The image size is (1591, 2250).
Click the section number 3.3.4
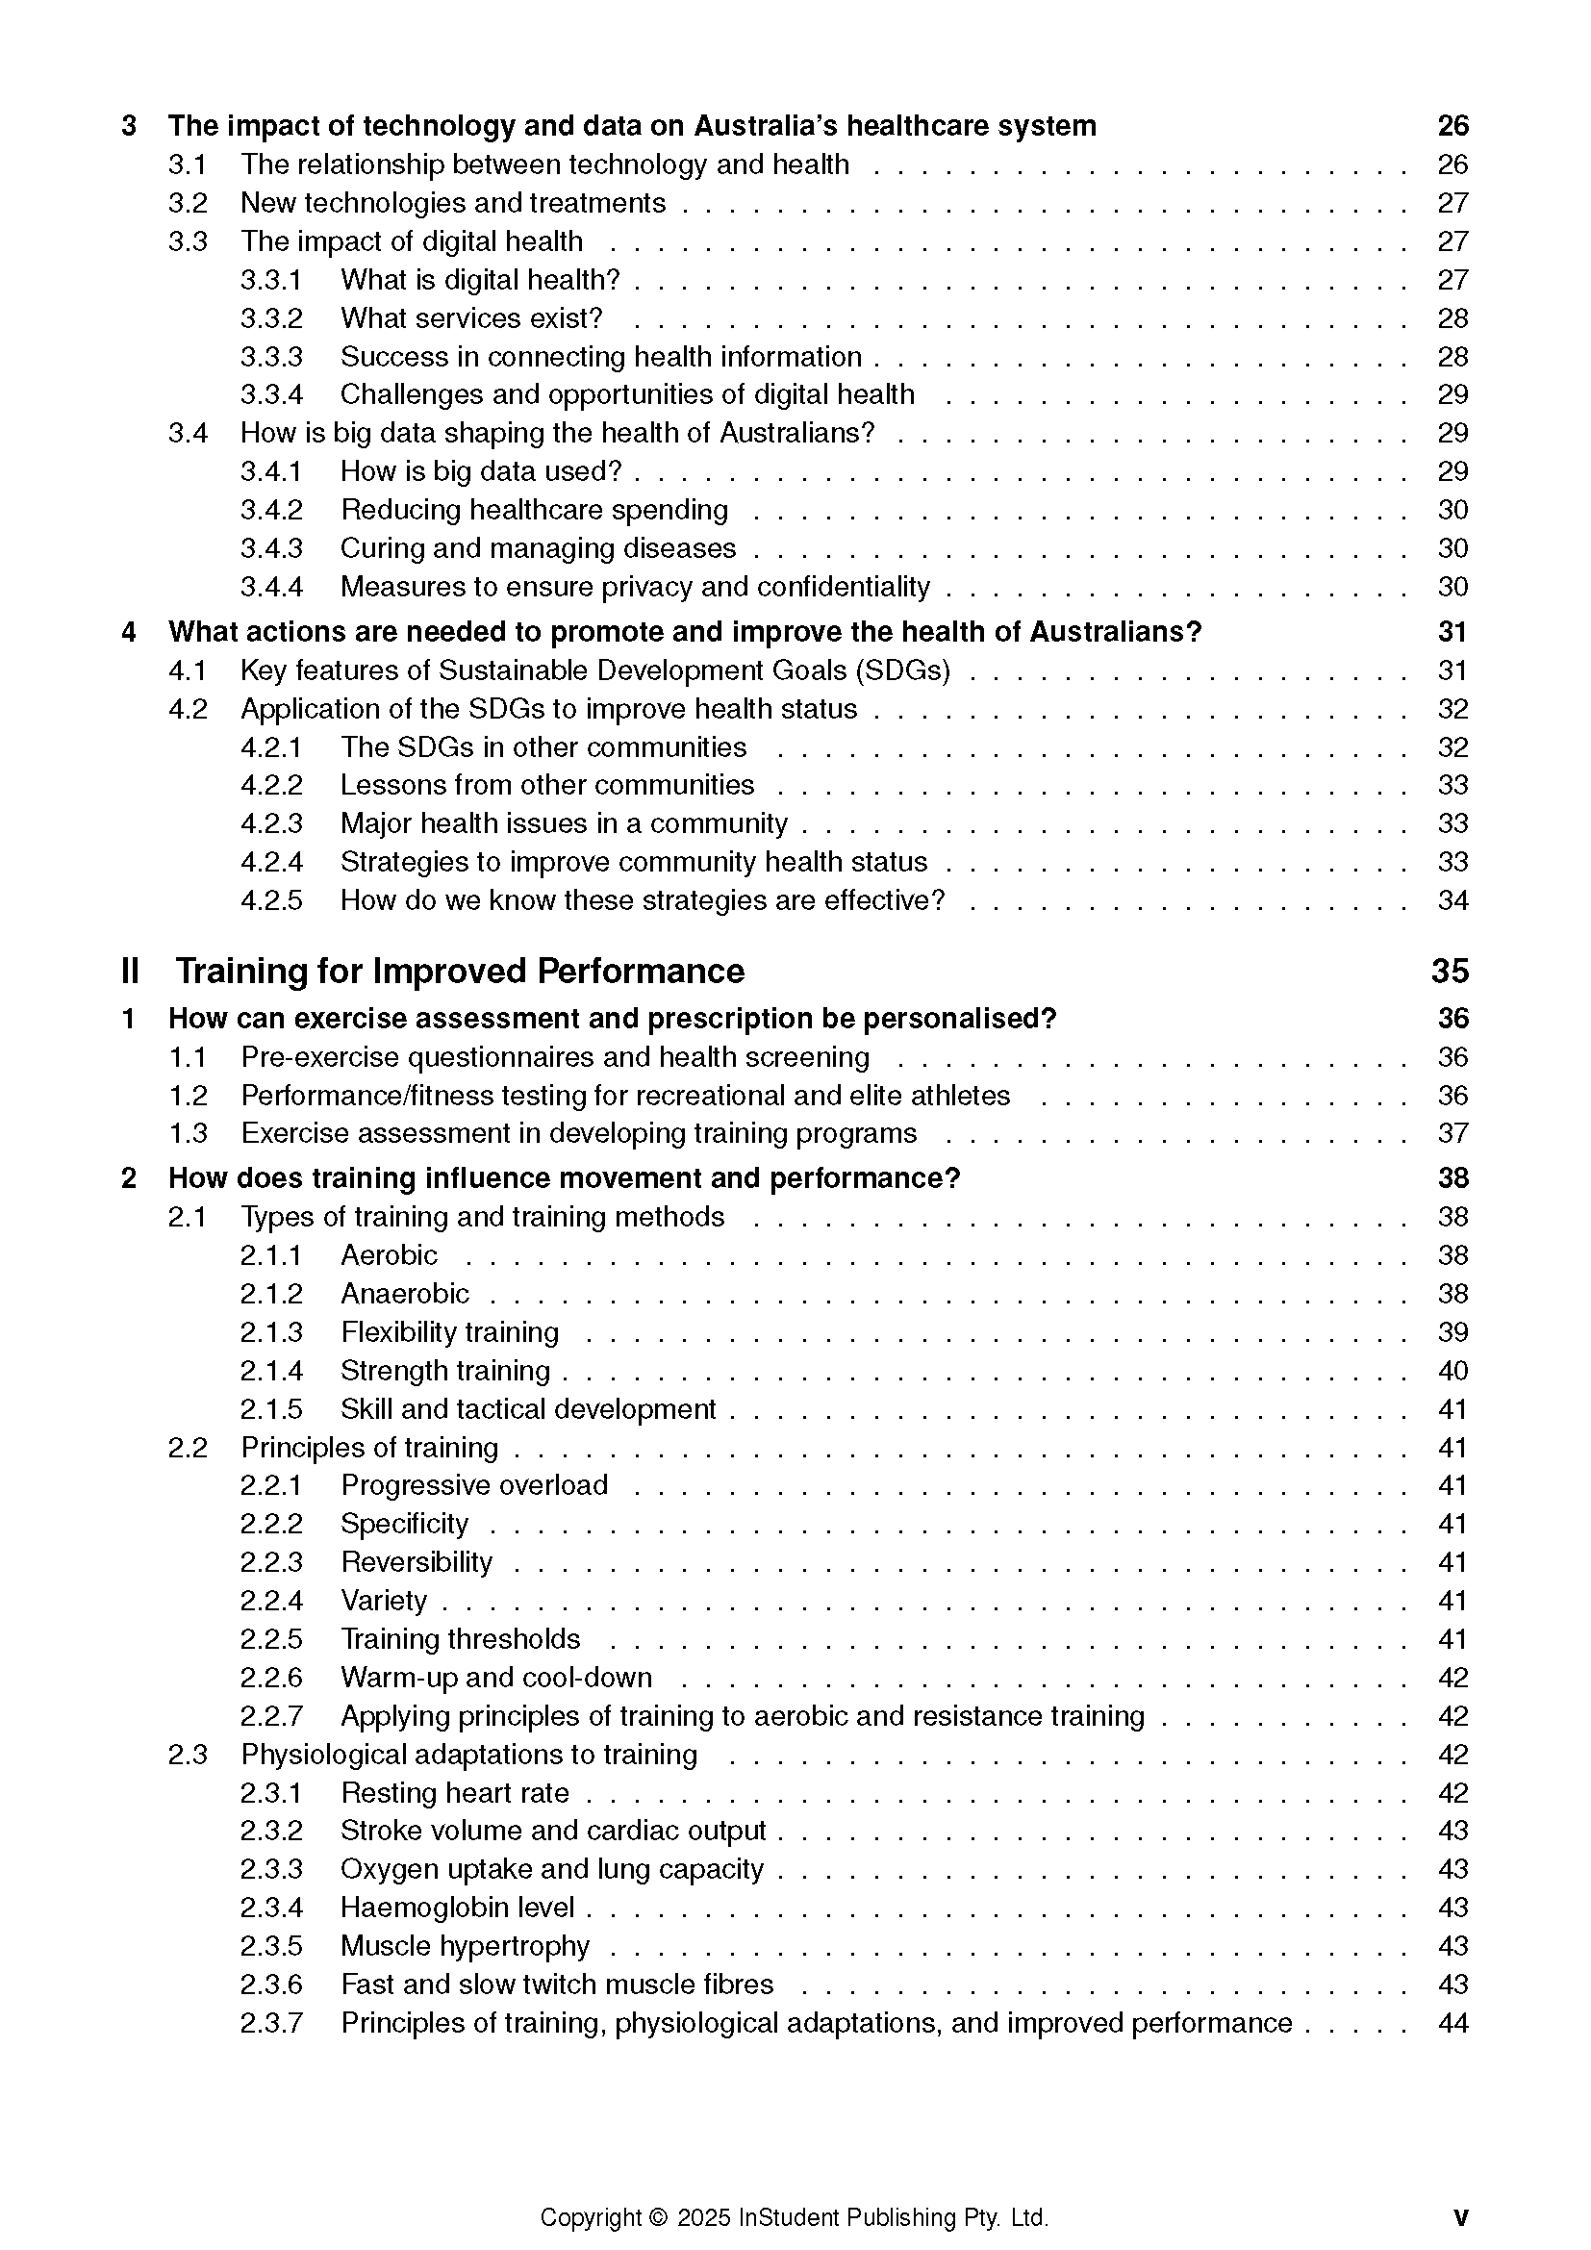pos(271,395)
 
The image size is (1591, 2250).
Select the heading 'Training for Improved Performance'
pos(460,972)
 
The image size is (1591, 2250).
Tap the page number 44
pos(1452,2023)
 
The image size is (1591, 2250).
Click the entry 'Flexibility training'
pos(449,1331)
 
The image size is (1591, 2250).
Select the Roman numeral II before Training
pos(130,972)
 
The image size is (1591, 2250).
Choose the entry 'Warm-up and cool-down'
pos(495,1678)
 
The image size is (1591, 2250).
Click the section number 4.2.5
pos(271,900)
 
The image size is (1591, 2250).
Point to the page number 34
pos(1452,900)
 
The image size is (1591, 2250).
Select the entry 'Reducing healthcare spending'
pos(534,510)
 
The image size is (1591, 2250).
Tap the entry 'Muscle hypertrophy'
pos(466,1945)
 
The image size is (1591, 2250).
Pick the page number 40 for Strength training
pos(1452,1371)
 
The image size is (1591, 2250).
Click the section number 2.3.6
pos(271,1985)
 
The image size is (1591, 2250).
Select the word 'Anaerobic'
pos(405,1294)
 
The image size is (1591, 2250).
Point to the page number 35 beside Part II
pos(1450,972)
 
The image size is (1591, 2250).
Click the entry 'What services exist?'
pos(471,318)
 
